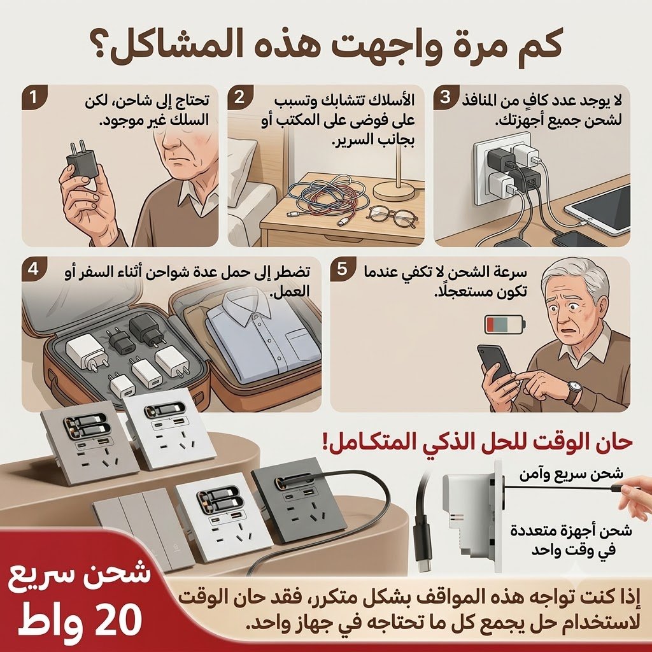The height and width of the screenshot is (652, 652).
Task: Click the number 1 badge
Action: (33, 98)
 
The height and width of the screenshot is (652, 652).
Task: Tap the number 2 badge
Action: (239, 98)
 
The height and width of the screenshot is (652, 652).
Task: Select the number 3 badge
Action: (445, 98)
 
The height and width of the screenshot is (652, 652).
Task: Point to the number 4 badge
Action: (33, 269)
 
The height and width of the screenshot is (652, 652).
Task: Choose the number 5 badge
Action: (342, 269)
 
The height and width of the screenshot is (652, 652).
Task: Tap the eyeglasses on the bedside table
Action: (392, 216)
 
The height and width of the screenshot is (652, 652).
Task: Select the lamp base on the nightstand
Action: (393, 190)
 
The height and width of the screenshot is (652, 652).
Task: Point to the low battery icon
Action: (505, 324)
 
